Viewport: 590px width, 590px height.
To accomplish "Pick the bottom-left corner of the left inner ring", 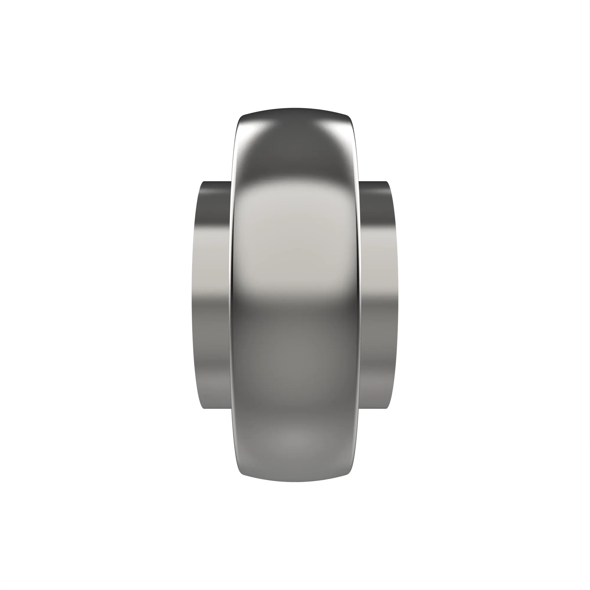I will (204, 408).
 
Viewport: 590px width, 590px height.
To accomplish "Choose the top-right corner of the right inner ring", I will (387, 183).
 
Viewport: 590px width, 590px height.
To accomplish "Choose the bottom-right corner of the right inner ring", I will (387, 408).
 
